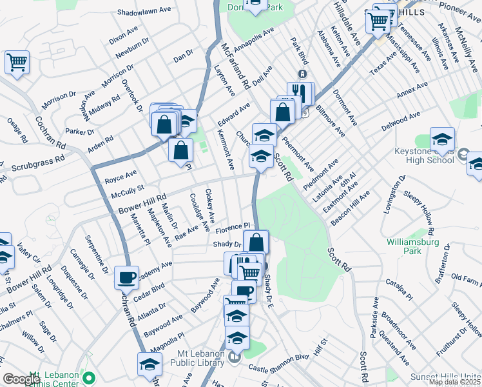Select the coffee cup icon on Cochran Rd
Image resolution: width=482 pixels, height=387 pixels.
click(x=126, y=277)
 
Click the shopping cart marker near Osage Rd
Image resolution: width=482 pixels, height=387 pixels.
click(x=17, y=63)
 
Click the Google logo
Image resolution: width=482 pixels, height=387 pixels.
click(x=22, y=379)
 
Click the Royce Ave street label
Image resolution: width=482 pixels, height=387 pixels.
click(x=122, y=175)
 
